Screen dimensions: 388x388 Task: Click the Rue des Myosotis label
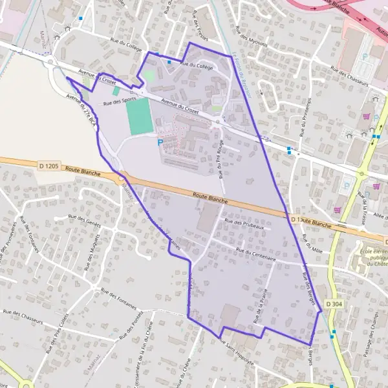point(252,36)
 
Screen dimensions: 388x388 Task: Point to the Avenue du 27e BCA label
point(81,107)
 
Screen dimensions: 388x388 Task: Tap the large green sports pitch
point(138,116)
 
